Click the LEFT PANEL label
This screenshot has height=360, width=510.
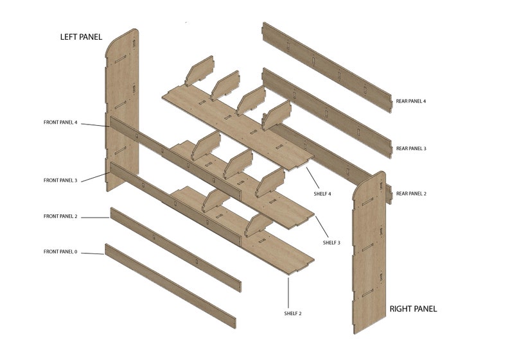point(81,37)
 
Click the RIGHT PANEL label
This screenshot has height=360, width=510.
point(413,309)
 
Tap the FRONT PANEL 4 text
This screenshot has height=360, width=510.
point(60,122)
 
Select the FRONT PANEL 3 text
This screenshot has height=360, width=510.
point(60,180)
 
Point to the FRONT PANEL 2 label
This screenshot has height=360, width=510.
point(60,216)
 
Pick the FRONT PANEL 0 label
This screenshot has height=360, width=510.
point(60,252)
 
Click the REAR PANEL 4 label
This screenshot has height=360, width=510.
point(410,101)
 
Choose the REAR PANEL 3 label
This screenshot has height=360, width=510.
point(410,148)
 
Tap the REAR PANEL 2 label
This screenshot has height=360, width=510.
point(410,193)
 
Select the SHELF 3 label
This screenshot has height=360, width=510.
point(331,243)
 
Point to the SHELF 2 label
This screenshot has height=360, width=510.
point(293,313)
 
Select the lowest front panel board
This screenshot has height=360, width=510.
point(170,286)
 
